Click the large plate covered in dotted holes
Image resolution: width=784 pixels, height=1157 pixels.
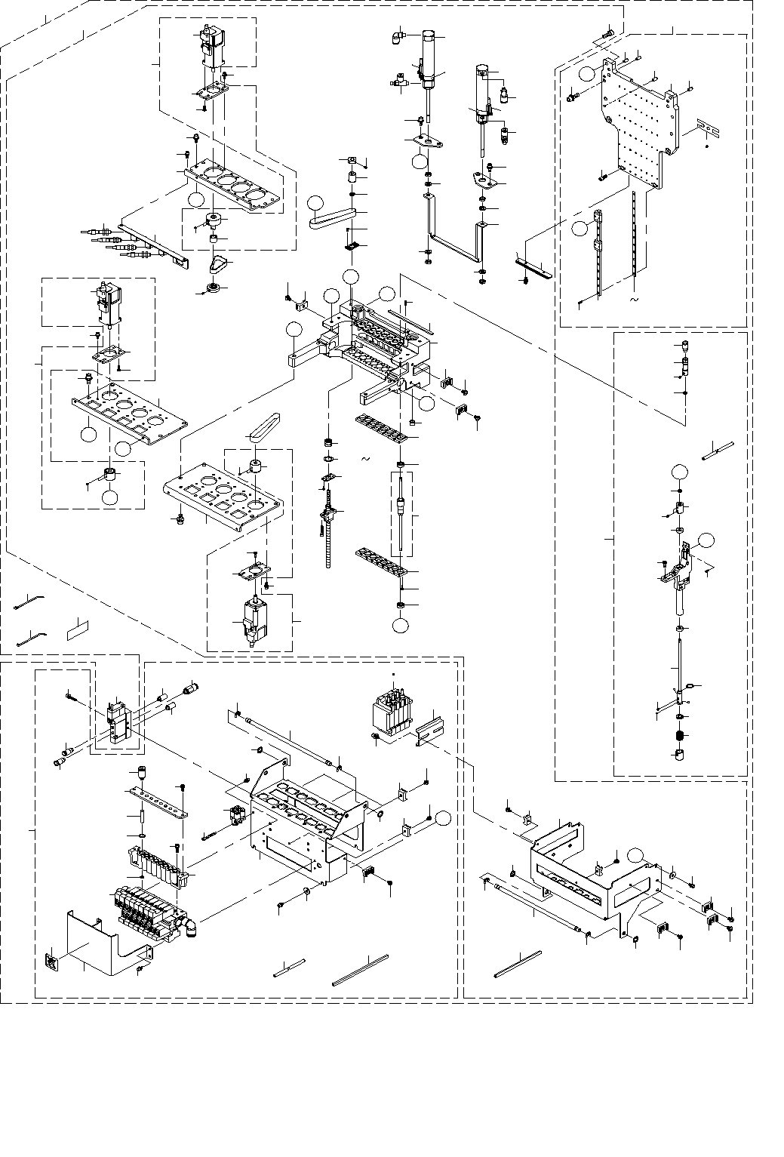coord(638,128)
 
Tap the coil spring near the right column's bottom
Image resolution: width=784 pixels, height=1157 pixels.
coord(681,736)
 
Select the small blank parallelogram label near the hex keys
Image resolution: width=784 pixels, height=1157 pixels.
coord(78,628)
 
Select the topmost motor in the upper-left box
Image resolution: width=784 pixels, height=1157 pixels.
coord(209,43)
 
